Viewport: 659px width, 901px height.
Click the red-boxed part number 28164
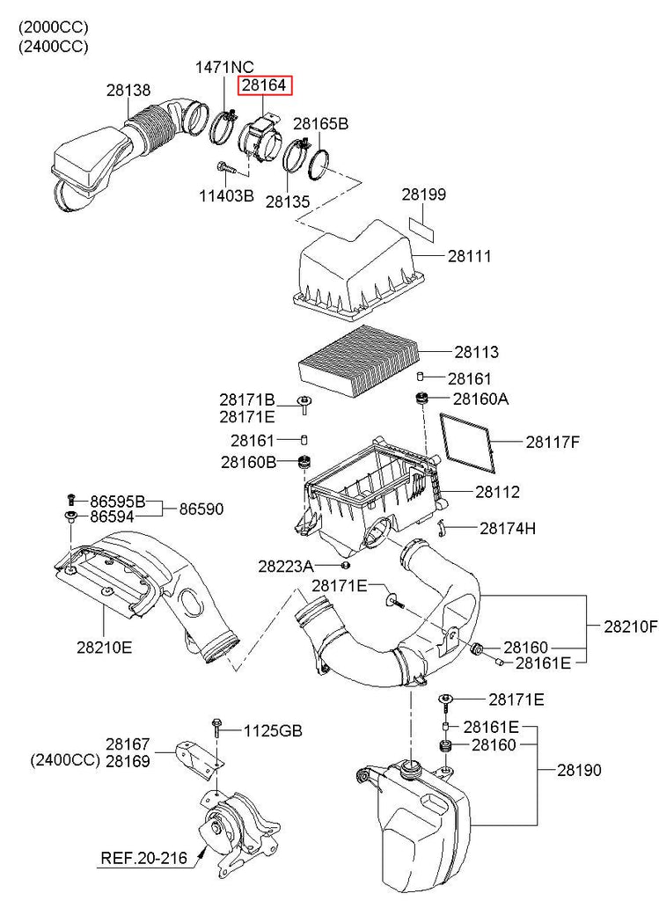pyautogui.click(x=265, y=85)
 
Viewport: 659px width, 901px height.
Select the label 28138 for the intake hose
pyautogui.click(x=128, y=90)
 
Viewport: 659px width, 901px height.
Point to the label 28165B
pyautogui.click(x=320, y=124)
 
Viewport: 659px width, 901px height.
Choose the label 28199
pyautogui.click(x=424, y=194)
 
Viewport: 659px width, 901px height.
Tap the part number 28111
pyautogui.click(x=469, y=256)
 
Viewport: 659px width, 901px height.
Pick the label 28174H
pyautogui.click(x=508, y=529)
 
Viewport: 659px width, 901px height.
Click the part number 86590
pyautogui.click(x=202, y=509)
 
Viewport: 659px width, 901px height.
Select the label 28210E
pyautogui.click(x=104, y=648)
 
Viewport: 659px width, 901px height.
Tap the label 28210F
pyautogui.click(x=630, y=627)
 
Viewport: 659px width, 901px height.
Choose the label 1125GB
pyautogui.click(x=273, y=730)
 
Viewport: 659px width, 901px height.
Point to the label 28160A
pyautogui.click(x=480, y=399)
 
